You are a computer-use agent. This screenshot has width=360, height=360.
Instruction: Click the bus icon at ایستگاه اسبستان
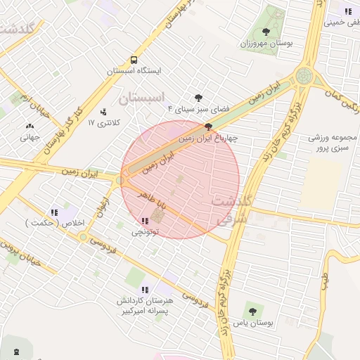(x=134, y=60)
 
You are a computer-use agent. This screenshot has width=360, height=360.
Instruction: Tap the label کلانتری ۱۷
(x=105, y=122)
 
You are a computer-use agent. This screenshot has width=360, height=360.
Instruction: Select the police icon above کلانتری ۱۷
(x=105, y=111)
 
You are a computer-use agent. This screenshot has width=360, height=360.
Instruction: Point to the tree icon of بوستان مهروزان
(x=266, y=32)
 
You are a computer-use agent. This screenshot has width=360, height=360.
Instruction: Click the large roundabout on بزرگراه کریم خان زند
(x=304, y=75)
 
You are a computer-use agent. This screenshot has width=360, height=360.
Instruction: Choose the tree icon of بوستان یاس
(x=252, y=311)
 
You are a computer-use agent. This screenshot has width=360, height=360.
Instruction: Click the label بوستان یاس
(x=252, y=323)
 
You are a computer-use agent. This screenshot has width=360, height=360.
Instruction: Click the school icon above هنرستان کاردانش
(x=145, y=289)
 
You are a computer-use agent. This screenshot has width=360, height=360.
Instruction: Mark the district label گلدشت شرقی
(x=230, y=210)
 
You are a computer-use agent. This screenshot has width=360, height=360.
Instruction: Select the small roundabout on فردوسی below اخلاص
(x=84, y=236)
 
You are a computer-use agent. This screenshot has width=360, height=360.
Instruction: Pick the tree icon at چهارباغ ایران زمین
(x=209, y=127)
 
